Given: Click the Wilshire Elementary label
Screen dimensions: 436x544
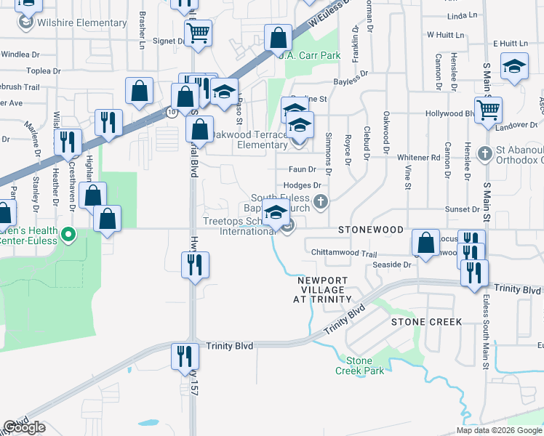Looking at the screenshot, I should coord(82,23).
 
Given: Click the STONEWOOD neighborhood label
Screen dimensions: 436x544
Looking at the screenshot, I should coord(371,230).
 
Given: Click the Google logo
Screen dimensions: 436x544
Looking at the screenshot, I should coord(24,428).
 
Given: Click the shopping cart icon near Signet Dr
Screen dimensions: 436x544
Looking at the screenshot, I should coord(198,33).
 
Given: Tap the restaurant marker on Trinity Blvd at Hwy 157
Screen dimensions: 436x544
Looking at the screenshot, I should coord(185,356).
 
